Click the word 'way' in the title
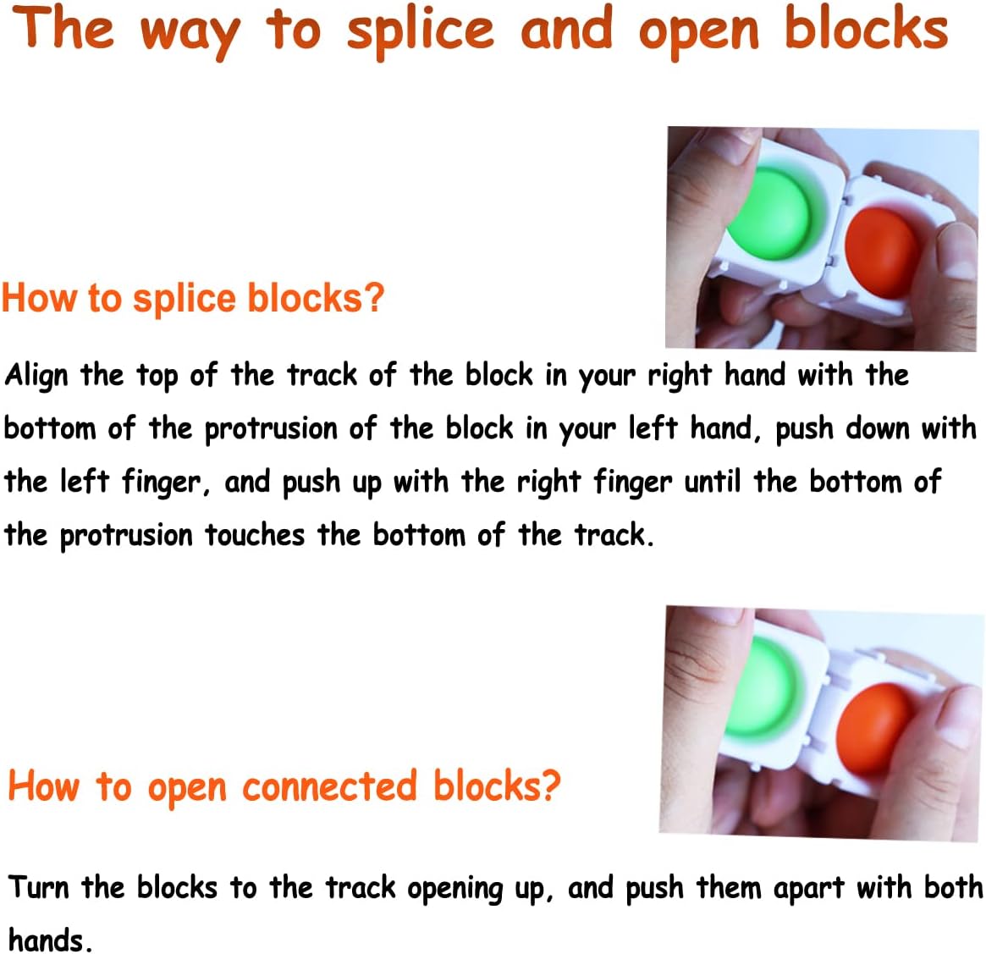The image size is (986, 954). tap(189, 32)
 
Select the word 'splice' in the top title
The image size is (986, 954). tap(420, 30)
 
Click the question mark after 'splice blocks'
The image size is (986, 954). tap(374, 298)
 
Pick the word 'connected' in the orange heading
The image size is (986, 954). tap(329, 786)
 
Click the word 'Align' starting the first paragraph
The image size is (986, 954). tap(36, 375)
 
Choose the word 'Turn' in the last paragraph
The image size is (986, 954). tap(39, 887)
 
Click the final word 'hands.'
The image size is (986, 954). tap(48, 940)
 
